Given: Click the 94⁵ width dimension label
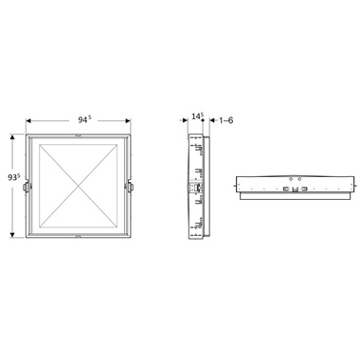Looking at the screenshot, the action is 84,119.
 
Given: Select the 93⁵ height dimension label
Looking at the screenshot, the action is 14,177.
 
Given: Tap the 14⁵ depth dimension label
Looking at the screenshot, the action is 197,117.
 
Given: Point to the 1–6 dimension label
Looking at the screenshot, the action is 226,120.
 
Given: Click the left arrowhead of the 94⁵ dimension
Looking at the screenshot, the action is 28,121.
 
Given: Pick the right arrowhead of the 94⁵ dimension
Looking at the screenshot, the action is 128,121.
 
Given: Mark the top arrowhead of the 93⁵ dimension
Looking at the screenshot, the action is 12,137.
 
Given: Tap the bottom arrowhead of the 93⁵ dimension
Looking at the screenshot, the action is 12,235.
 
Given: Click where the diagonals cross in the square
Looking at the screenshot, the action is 78,186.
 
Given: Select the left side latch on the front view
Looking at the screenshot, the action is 26,187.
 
